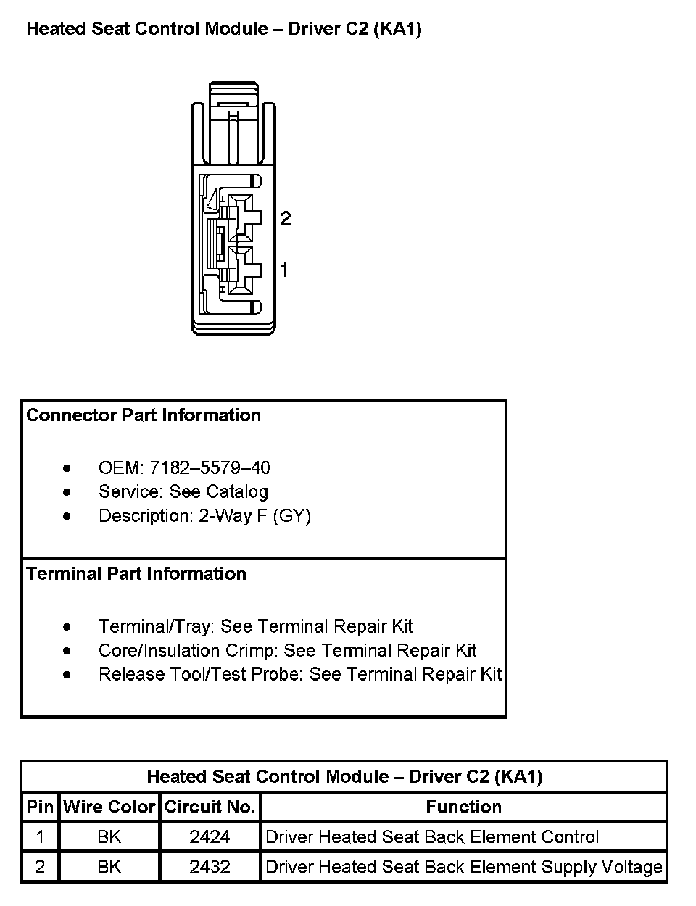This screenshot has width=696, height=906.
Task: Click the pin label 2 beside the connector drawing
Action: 286,218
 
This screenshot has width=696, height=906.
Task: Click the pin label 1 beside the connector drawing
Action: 284,270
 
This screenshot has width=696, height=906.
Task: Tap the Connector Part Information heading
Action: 144,415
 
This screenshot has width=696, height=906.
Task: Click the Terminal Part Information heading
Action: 136,574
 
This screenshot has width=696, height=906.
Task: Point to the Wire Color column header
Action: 109,807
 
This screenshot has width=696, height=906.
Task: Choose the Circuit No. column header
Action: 210,807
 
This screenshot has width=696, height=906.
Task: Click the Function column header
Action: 463,807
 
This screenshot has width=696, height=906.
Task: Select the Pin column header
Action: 40,807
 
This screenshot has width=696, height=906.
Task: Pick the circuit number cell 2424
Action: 210,837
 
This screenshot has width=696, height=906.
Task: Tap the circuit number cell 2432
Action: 210,867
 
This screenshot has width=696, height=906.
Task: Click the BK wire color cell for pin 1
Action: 109,837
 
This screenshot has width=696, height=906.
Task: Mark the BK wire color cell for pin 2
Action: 109,867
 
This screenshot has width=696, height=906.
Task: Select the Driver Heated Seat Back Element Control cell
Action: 432,837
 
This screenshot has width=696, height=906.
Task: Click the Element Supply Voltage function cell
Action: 464,867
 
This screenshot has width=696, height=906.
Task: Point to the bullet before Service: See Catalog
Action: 67,492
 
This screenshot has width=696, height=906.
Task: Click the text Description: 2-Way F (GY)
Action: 204,516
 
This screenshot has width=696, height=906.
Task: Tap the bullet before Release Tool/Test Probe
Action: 67,675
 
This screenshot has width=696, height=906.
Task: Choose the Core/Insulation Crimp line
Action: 287,651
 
